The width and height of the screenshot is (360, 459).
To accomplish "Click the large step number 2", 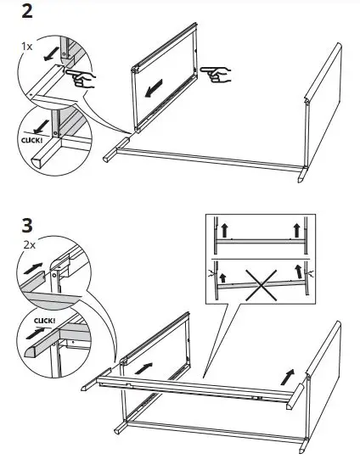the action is pos(27,12).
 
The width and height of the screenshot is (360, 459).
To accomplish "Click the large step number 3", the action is pos(27,226).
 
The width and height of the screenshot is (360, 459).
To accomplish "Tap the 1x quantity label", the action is pos(26,47).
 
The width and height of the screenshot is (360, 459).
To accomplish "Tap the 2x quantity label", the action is pos(29,244).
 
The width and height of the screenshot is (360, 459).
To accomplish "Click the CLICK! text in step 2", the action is pos(31,140).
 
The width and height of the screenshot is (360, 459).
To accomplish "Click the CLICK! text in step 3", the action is pos(44,321).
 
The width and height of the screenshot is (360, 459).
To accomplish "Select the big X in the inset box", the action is pos(261,285).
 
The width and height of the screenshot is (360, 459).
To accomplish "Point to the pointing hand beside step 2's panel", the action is pos(216,74).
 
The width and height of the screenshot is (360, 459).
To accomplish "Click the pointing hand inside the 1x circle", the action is pos(81,78).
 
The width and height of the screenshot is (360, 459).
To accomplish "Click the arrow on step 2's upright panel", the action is pos(154,88).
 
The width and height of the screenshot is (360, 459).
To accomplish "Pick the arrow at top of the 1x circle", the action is pos(50,54).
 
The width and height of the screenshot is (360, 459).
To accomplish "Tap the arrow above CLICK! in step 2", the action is pos(41,126).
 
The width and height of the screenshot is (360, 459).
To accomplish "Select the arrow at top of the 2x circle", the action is pos(33,268).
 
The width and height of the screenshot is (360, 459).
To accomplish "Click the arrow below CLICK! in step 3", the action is pos(36,333).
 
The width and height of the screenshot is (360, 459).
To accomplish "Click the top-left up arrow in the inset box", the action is pos(224,230).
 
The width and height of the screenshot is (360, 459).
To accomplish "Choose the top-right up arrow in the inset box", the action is pos(296,230).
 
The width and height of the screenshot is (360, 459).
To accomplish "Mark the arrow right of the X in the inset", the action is pos(299,271).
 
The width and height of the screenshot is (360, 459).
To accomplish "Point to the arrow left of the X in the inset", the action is pos(223,277).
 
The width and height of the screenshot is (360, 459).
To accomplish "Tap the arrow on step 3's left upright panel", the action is pos(143,368).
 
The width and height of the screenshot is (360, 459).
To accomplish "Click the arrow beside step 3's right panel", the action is pos(287,378).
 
